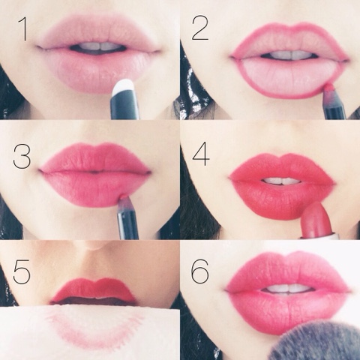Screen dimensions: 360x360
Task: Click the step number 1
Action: point(23,29)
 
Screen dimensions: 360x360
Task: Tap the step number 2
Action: point(200,29)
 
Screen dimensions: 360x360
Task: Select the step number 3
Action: point(22,157)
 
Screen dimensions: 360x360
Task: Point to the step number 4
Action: point(201,154)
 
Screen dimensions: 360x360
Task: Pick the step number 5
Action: point(22,271)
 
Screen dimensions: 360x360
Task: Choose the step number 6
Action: point(199,271)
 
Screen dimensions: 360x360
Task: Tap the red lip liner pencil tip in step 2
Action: point(329,88)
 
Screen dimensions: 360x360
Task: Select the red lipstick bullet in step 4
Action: point(316,220)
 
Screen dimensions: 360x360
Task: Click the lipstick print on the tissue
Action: point(95,328)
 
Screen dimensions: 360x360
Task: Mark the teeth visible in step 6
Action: point(287,289)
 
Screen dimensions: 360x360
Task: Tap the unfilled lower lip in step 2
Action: point(287,76)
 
